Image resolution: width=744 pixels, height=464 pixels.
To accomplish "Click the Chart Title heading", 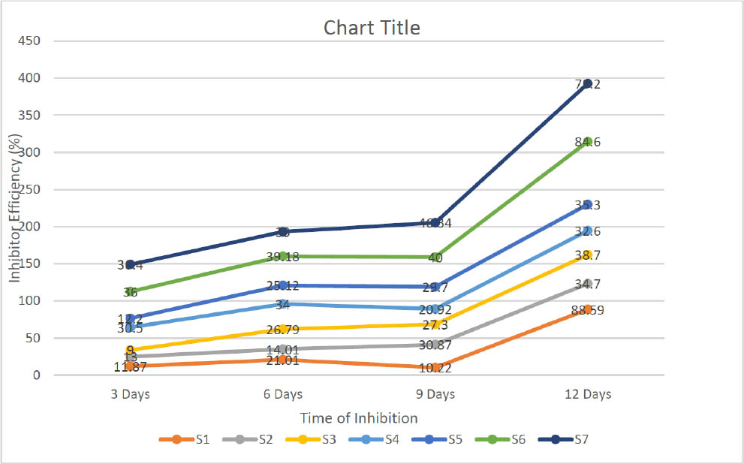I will pos(372,28).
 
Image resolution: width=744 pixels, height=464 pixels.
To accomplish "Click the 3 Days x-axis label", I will pos(130,394).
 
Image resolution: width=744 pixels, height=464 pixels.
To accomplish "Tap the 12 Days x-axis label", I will pos(588,394).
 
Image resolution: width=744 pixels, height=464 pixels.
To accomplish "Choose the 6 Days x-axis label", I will pos(282,394).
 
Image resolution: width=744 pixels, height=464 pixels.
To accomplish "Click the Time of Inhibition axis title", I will pos(359,417).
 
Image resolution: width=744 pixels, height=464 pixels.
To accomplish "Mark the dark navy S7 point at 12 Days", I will pos(588,83).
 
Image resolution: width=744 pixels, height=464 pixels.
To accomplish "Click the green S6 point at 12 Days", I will pos(588,141).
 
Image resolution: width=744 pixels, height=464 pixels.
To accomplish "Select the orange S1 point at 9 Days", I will pos(435,368).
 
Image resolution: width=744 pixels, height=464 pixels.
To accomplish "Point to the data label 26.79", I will pos(282,329).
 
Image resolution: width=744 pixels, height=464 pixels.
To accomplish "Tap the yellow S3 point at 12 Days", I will pos(588,255).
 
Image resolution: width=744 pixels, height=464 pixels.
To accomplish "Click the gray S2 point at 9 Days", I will pos(435,345).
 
